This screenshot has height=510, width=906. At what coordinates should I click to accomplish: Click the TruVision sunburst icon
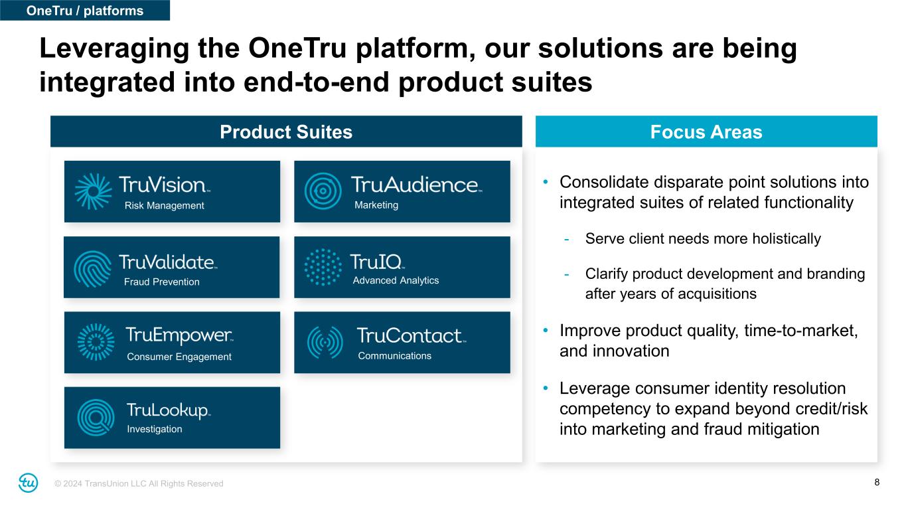[x=93, y=191]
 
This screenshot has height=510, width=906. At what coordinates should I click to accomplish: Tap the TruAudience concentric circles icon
[x=323, y=191]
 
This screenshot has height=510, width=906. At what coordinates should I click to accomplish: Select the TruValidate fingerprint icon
[x=93, y=269]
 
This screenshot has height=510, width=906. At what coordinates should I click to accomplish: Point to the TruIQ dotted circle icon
[x=323, y=267]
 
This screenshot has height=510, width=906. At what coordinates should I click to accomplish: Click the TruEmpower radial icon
[x=96, y=342]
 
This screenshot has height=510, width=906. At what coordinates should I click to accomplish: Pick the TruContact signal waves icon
[x=325, y=343]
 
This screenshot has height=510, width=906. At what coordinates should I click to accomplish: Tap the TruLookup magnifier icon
[x=96, y=417]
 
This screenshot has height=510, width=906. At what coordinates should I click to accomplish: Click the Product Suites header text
[x=286, y=132]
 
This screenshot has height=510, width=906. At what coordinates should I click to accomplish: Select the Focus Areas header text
[x=706, y=132]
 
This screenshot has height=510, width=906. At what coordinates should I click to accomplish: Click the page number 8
[x=877, y=482]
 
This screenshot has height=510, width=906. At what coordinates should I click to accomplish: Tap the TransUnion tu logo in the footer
[x=29, y=483]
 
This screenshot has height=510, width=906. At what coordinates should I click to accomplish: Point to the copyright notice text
[x=139, y=483]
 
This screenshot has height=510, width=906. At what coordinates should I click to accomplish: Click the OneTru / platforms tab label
[x=85, y=11]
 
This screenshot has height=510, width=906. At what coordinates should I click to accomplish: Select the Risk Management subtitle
[x=164, y=206]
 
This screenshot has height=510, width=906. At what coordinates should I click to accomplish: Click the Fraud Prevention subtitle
[x=162, y=282]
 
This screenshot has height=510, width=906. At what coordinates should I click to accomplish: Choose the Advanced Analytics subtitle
[x=396, y=280]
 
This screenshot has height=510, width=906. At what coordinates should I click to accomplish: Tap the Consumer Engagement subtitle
[x=179, y=357]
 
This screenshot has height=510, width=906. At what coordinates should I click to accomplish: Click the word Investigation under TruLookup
[x=155, y=429]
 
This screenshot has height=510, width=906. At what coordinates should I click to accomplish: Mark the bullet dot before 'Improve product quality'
[x=546, y=330]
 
